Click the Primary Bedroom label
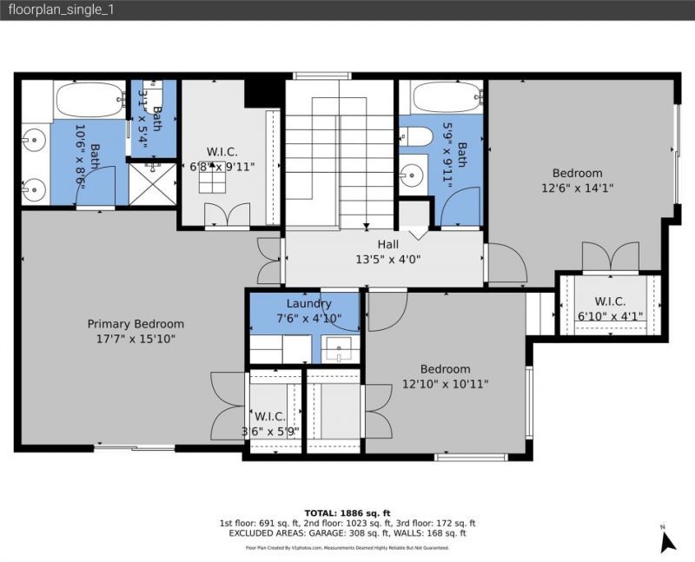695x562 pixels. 136,324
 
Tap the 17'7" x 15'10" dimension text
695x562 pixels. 136,339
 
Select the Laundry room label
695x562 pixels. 308,303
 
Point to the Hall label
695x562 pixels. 388,244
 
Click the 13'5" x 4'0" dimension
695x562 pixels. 388,258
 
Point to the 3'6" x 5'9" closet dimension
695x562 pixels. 270,430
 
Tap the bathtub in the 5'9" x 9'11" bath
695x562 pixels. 447,98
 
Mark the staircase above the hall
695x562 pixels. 341,156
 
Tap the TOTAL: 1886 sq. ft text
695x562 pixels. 347,512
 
